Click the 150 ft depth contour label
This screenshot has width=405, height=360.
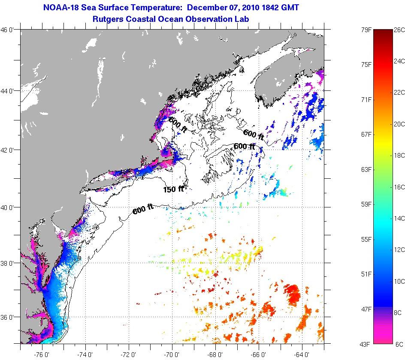(x=173, y=189)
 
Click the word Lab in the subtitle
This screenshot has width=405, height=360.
(x=242, y=19)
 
